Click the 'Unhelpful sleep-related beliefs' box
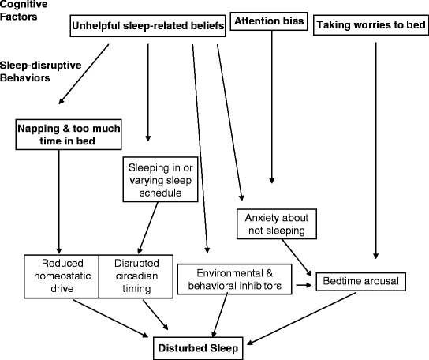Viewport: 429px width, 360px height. click(x=148, y=26)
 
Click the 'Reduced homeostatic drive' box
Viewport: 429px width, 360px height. click(x=59, y=276)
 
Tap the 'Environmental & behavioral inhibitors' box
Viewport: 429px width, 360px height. click(x=234, y=279)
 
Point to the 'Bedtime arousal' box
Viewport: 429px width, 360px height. click(x=358, y=281)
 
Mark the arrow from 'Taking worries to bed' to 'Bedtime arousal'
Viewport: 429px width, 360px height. click(x=375, y=150)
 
